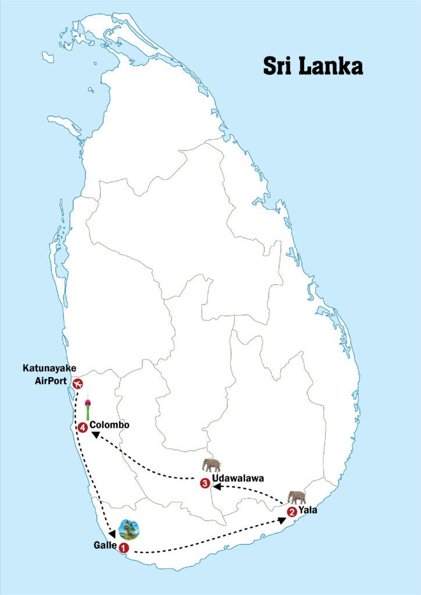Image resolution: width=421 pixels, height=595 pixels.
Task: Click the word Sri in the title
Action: pos(277,65)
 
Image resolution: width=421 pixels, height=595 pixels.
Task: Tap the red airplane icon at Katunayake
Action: pos(77,383)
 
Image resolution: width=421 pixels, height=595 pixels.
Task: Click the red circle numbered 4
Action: pos(83,428)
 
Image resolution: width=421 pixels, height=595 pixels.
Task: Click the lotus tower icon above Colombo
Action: pos(88,408)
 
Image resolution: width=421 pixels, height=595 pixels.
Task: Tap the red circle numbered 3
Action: pos(205,482)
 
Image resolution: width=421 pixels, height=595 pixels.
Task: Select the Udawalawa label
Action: pos(238,479)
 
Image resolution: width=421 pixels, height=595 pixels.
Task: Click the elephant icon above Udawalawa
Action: pos(211,465)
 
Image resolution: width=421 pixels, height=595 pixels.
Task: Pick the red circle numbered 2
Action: pos(292,512)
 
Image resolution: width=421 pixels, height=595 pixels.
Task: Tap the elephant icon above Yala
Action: pos(297,497)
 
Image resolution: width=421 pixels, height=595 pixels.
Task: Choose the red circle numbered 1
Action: pos(123,547)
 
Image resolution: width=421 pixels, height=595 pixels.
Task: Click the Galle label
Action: pos(104,545)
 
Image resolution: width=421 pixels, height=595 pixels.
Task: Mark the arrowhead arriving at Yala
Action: pos(282,519)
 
